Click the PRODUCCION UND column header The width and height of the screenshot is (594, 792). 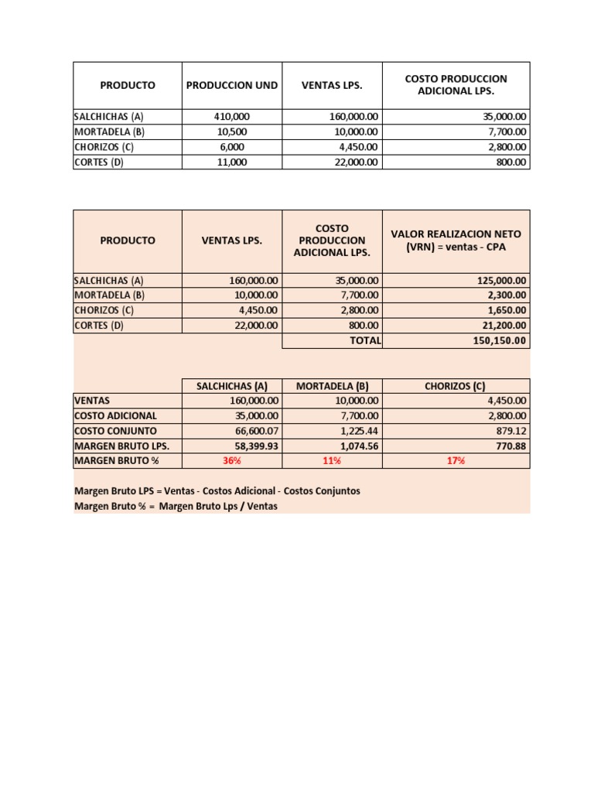click(x=232, y=85)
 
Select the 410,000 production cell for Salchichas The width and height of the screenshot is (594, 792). click(x=232, y=116)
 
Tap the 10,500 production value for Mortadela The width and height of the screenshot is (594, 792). click(x=232, y=131)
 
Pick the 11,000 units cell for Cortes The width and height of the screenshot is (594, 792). click(x=232, y=162)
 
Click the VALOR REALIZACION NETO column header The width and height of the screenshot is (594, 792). click(x=456, y=241)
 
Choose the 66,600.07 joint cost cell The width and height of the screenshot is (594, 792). click(x=254, y=431)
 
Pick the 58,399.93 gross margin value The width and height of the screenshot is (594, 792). click(x=254, y=446)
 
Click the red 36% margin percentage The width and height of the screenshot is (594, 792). click(x=232, y=461)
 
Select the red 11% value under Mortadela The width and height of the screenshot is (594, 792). click(x=332, y=461)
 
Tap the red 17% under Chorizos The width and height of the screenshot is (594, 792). click(x=456, y=461)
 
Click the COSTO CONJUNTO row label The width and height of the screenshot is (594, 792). click(x=115, y=431)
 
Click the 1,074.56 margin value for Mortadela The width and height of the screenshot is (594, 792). click(x=357, y=446)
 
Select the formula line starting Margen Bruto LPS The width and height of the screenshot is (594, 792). click(x=217, y=491)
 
